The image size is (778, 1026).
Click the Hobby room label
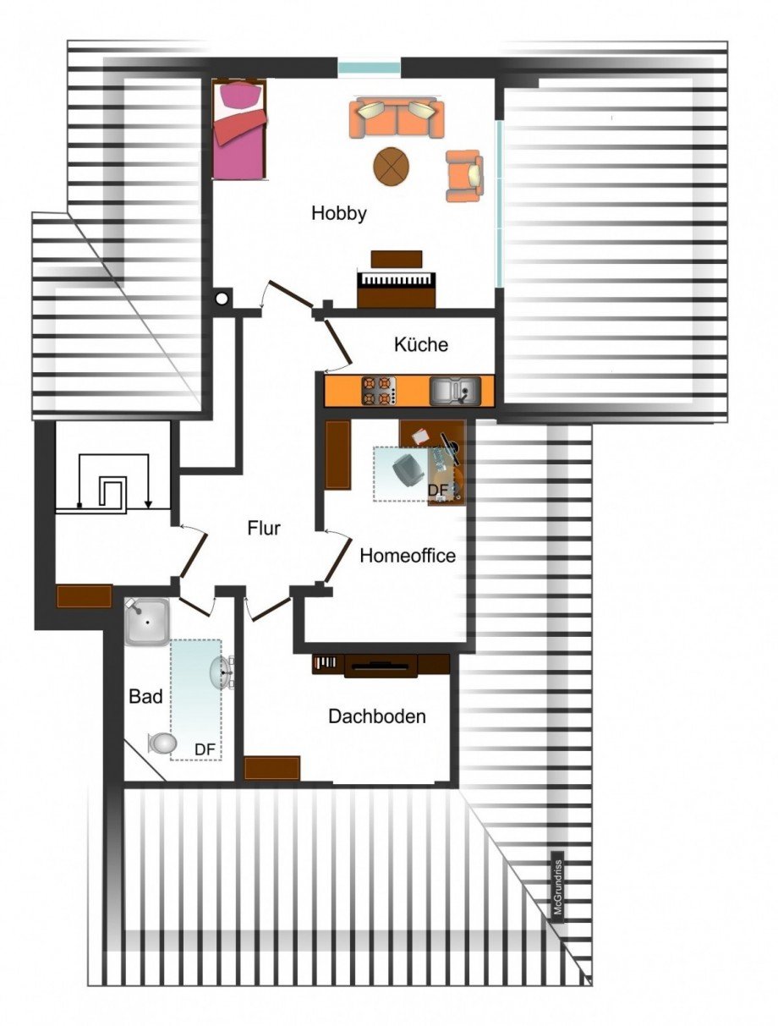pyautogui.click(x=339, y=214)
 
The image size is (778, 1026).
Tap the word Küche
pyautogui.click(x=421, y=344)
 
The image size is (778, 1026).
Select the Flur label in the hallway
pyautogui.click(x=264, y=528)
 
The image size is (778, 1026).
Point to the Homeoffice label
pyautogui.click(x=408, y=556)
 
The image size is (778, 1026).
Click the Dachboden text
pyautogui.click(x=377, y=716)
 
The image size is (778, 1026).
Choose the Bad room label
pyautogui.click(x=145, y=697)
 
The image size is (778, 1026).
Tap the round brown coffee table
pyautogui.click(x=392, y=166)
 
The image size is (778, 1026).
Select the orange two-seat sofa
pyautogui.click(x=397, y=118)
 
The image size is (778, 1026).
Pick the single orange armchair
pyautogui.click(x=464, y=176)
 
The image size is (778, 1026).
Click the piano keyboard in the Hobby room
pyautogui.click(x=397, y=281)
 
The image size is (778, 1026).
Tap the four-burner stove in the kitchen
pyautogui.click(x=379, y=390)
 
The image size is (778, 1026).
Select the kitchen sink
pyautogui.click(x=455, y=391)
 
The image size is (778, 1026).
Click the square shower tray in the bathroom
pyautogui.click(x=147, y=623)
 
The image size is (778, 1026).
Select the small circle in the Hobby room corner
pyautogui.click(x=222, y=298)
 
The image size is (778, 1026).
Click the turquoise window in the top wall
pyautogui.click(x=370, y=68)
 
